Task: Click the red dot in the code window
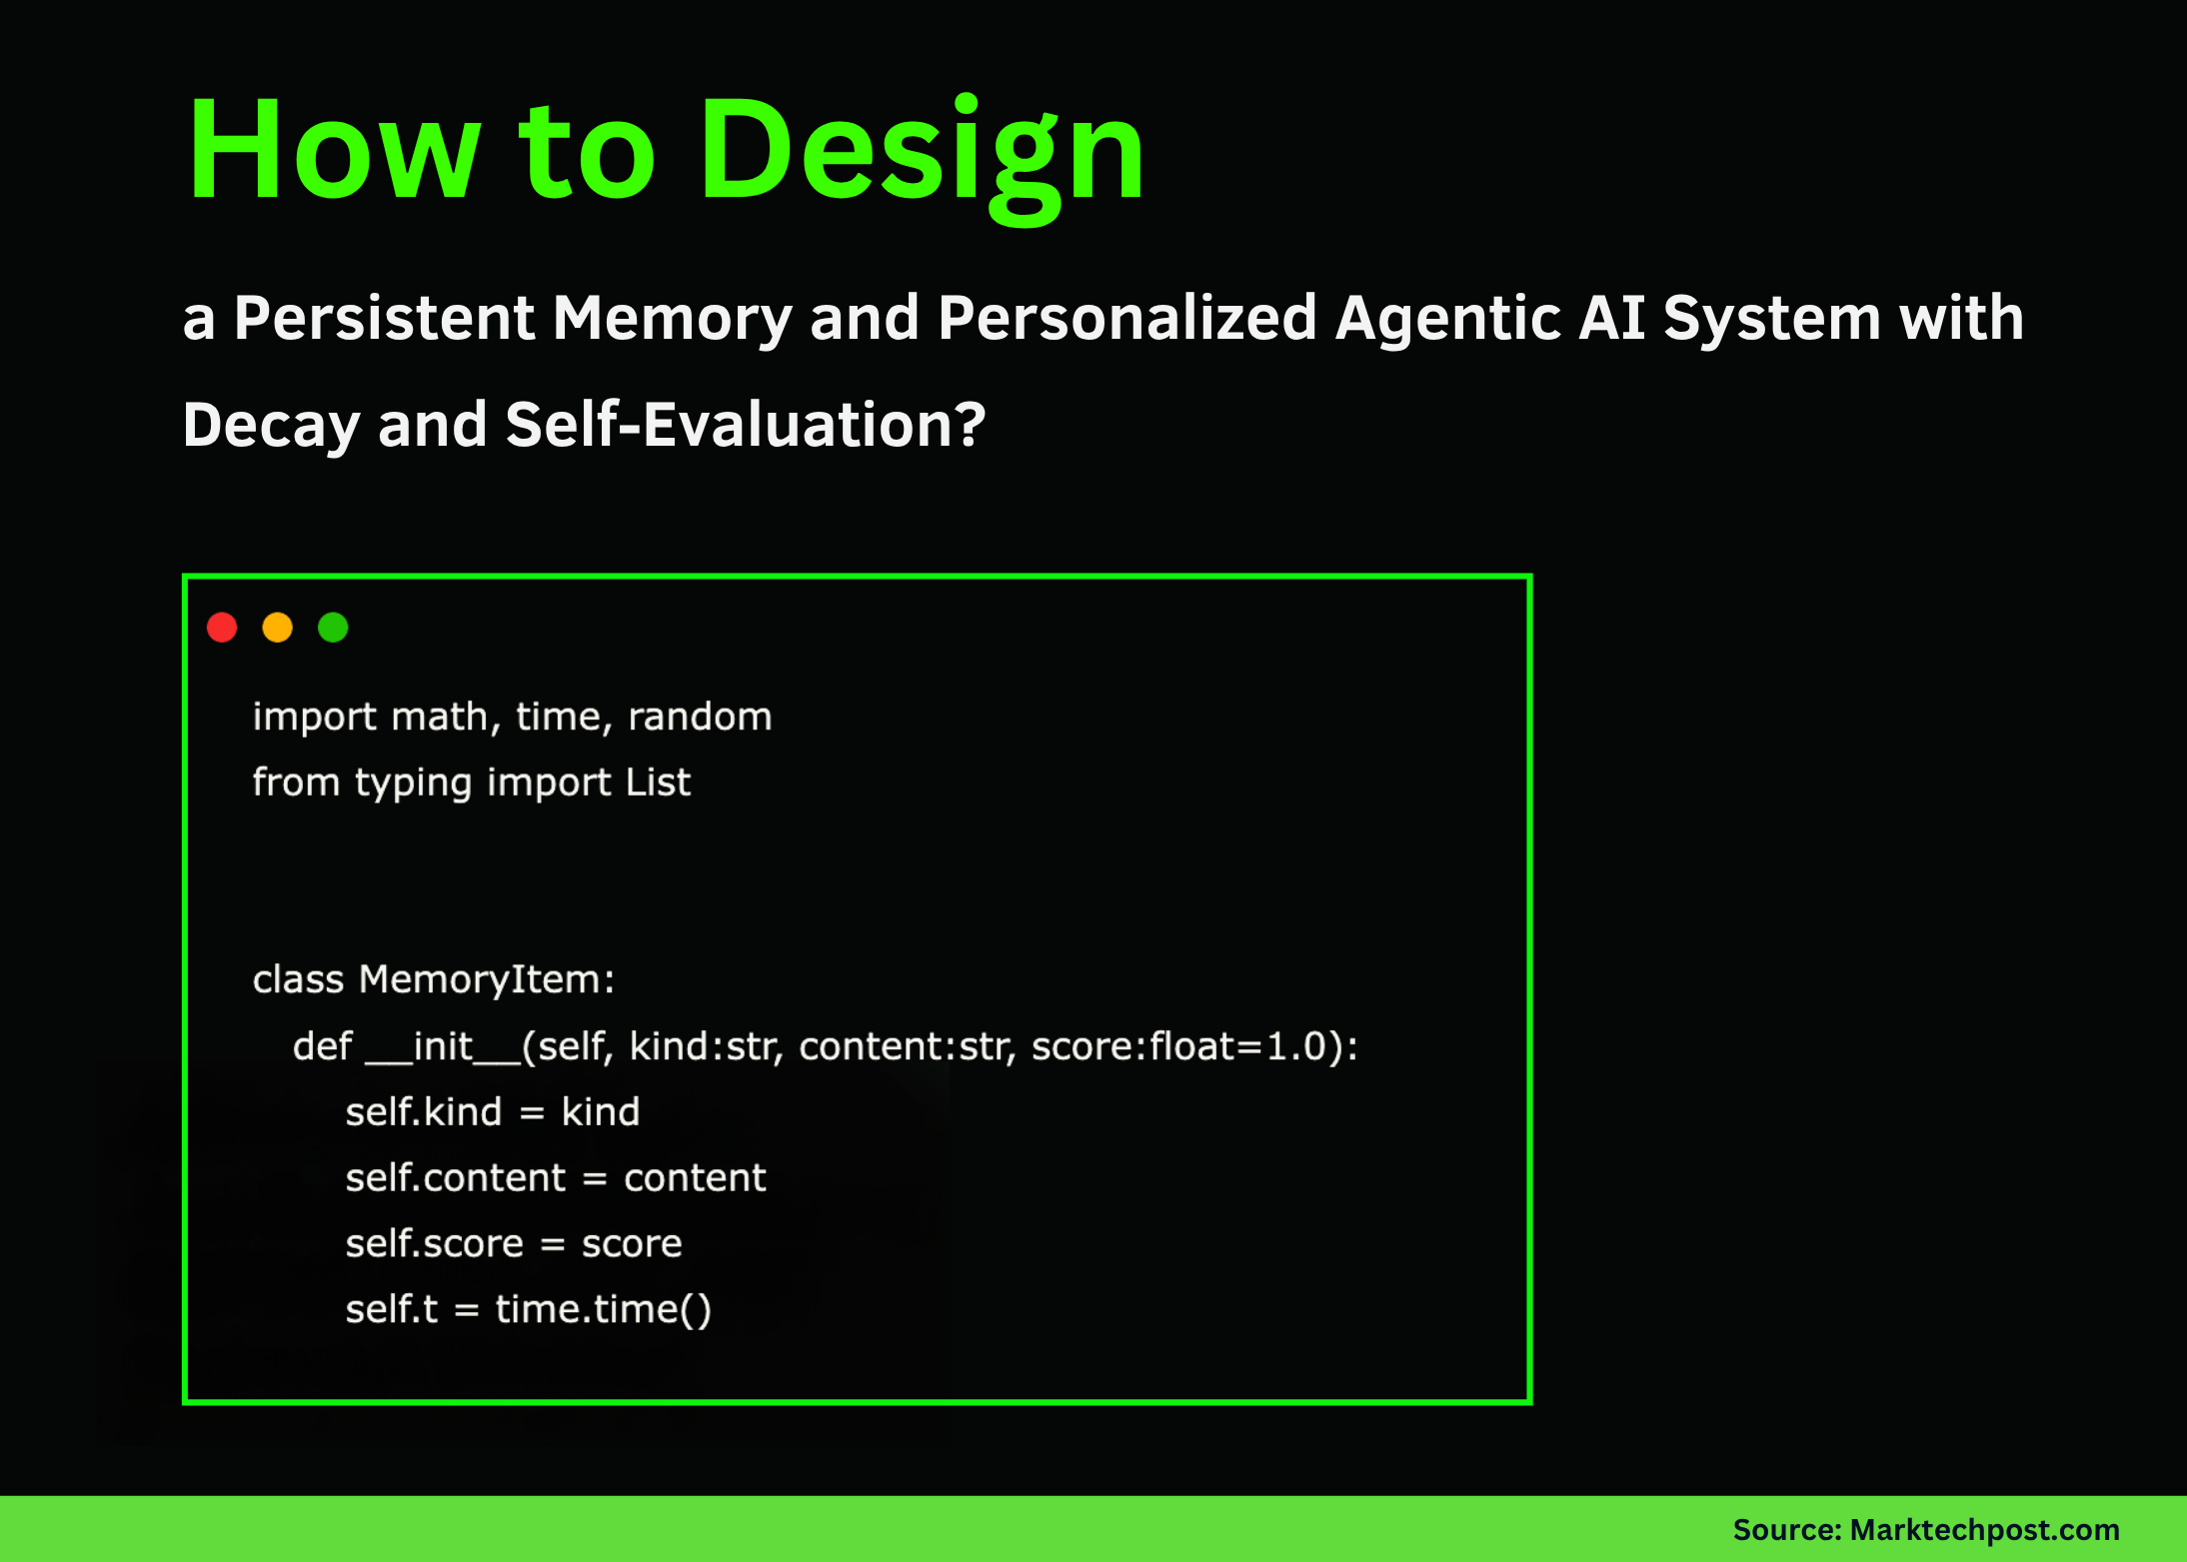222,628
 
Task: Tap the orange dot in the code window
277,628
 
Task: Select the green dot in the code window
333,628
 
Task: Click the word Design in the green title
921,152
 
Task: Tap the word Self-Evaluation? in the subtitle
746,425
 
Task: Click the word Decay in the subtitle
271,425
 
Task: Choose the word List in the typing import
658,781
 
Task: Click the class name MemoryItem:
486,979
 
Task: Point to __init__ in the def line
442,1046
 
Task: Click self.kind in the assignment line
423,1112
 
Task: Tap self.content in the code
455,1178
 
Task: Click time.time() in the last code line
603,1309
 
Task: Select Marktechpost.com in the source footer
1984,1530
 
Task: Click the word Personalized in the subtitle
1126,319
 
